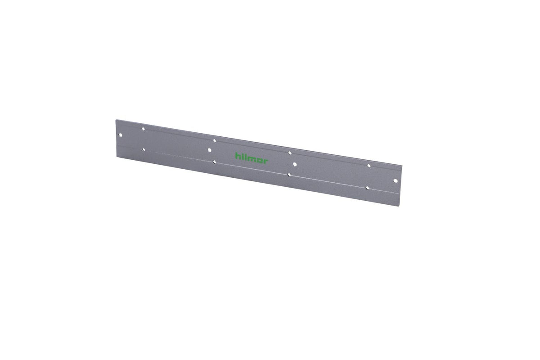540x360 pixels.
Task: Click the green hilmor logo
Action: point(252,158)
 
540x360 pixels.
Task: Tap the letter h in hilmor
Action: point(238,156)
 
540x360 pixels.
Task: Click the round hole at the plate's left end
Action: point(121,135)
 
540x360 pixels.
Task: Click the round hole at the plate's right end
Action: point(395,180)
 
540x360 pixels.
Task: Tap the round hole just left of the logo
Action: point(210,150)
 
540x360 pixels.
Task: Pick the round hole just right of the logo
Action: point(295,164)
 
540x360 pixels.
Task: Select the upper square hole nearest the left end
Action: point(143,129)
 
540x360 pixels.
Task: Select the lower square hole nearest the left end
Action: point(144,150)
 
